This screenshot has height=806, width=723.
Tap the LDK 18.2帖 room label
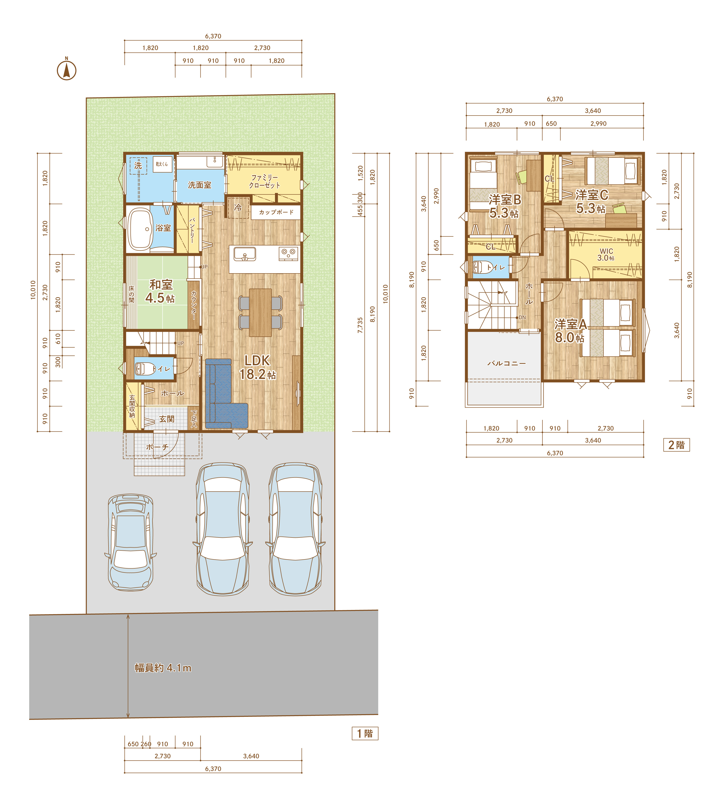click(x=257, y=367)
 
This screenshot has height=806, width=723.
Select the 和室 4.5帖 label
click(x=161, y=291)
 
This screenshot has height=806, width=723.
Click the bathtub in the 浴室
click(x=140, y=229)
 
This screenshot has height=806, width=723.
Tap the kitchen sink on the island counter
click(x=245, y=254)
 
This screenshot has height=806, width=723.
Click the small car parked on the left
click(x=131, y=542)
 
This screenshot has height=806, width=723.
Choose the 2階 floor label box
click(x=677, y=445)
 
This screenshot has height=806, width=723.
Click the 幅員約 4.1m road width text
click(x=163, y=668)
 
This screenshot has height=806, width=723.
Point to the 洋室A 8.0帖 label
click(x=570, y=330)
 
